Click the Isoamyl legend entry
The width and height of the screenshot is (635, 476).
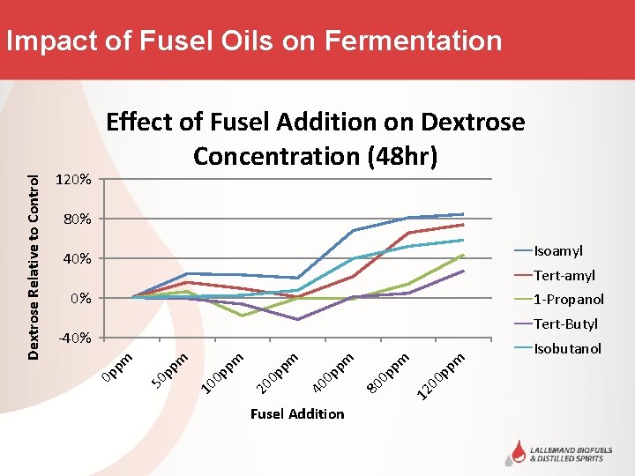[x=557, y=251]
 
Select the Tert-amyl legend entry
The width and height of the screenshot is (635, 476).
[x=564, y=276]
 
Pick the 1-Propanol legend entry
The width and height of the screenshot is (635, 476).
[x=568, y=300]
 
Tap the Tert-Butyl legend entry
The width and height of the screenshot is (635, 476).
[x=565, y=324]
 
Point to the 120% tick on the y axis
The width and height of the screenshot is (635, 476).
[x=72, y=180]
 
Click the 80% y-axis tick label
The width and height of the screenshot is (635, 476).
[x=75, y=219]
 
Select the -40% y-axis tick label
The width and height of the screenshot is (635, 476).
[x=72, y=338]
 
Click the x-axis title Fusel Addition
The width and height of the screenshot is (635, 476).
[x=297, y=413]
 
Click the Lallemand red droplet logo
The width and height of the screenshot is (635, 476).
[x=513, y=451]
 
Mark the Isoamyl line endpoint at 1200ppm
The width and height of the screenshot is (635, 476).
[x=463, y=213]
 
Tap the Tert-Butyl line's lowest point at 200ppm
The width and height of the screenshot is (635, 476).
[x=298, y=319]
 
